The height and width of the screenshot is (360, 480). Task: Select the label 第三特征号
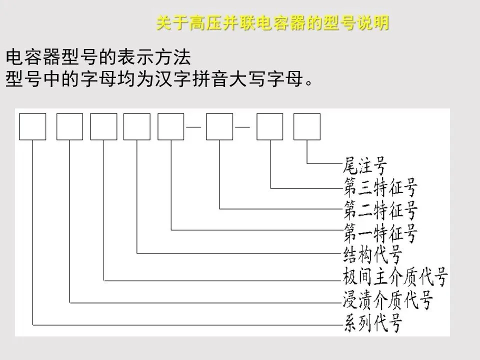pos(380,188)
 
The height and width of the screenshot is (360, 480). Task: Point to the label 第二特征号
pos(380,210)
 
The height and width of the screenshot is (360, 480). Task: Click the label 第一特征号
pos(380,232)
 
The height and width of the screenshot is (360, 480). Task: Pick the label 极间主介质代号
pos(395,277)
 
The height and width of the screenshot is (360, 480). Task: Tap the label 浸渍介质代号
pos(387,300)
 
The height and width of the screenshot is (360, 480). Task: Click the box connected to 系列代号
pos(33,126)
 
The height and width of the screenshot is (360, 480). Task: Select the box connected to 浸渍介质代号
pos(70,126)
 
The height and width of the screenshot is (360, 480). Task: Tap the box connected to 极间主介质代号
pos(104,126)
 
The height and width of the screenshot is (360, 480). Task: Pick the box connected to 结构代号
pos(137,126)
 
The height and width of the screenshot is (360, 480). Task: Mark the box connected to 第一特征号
pos(171,126)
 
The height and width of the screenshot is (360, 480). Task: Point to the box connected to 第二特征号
pos(219,126)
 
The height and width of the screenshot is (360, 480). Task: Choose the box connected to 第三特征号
pos(270,126)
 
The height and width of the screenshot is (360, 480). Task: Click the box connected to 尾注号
pos(306,126)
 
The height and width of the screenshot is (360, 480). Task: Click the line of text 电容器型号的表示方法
pos(98,57)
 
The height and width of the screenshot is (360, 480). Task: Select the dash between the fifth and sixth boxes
pos(194,126)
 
